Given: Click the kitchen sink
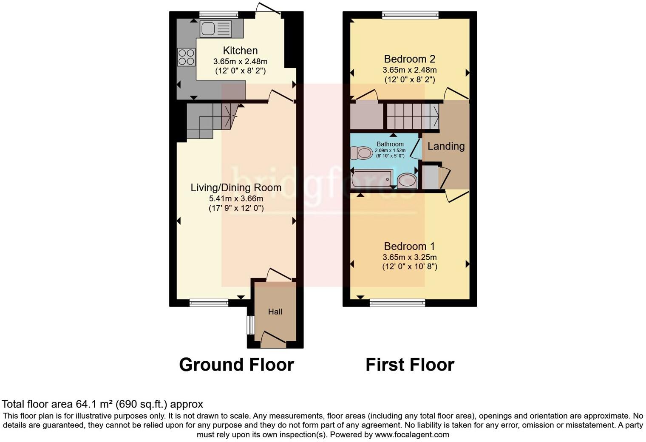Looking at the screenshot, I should click(x=216, y=29).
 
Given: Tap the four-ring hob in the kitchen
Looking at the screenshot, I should click(x=186, y=57).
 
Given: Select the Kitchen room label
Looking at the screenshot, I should click(x=240, y=51).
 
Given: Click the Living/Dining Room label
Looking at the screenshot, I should click(x=236, y=187).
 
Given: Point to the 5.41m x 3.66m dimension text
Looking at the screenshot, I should click(x=236, y=198).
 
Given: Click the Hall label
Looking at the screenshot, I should click(x=275, y=312).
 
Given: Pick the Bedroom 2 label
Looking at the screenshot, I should click(x=409, y=59).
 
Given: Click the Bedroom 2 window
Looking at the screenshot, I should click(x=410, y=16).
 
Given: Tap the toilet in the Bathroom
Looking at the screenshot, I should click(x=361, y=153).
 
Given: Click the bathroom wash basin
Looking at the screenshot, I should click(x=407, y=180).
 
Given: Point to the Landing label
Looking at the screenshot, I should click(x=446, y=146).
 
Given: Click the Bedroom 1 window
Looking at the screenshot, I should click(x=397, y=303).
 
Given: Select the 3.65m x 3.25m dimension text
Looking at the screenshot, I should click(x=409, y=257).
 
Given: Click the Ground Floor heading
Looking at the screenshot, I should click(x=236, y=365).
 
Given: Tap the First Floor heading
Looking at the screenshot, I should click(x=410, y=365).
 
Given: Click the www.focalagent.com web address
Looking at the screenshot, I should click(x=412, y=434).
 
